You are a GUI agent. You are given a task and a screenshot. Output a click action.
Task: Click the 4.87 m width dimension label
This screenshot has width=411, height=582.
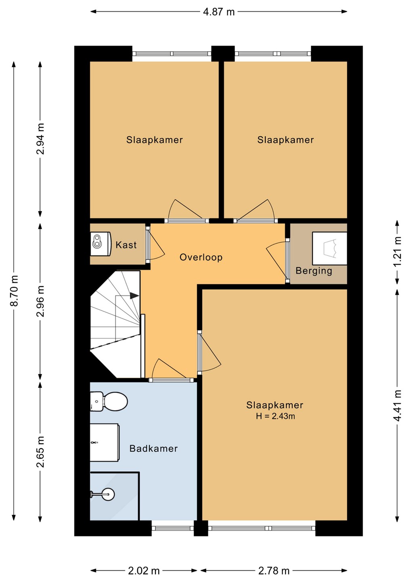[x=219, y=12]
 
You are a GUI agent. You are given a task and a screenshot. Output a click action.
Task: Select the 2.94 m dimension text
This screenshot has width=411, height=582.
[x=40, y=139]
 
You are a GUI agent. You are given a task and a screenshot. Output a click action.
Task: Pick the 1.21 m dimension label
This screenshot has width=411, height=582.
[x=397, y=251]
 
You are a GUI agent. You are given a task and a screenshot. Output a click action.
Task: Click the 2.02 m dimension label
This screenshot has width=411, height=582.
[x=144, y=571]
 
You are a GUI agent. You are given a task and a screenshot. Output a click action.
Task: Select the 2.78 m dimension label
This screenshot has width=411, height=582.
[x=274, y=571]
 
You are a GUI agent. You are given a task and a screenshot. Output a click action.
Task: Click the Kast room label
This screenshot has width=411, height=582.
[x=126, y=245]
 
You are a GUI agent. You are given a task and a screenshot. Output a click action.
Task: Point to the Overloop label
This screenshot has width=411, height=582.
[x=201, y=257]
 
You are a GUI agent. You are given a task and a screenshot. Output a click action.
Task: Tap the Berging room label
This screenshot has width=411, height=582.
[x=314, y=271]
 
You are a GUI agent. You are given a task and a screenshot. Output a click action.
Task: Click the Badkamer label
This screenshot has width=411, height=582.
[x=153, y=449]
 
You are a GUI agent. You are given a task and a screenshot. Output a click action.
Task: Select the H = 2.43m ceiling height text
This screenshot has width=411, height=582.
[x=275, y=416]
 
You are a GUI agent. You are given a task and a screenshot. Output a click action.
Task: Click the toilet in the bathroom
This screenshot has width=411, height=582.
[x=109, y=401]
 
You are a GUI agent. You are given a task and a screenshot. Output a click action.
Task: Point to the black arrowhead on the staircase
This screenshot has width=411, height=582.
[x=134, y=296]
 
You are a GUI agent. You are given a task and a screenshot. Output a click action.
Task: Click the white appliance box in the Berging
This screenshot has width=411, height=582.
[x=329, y=249]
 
